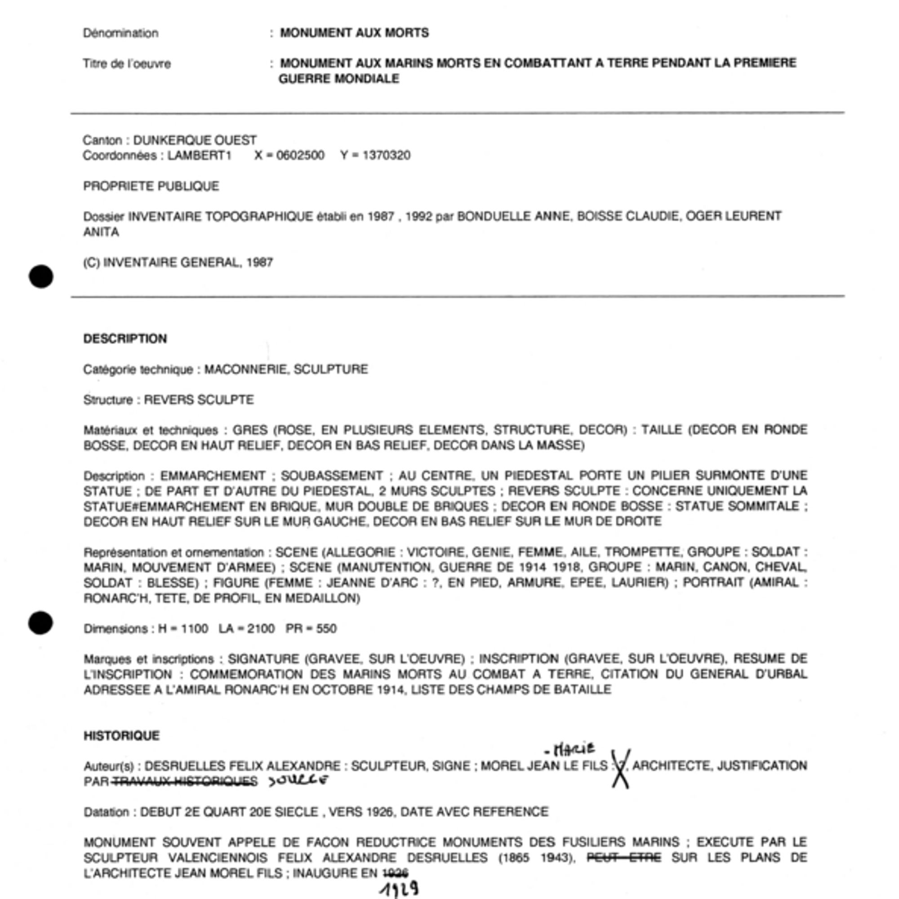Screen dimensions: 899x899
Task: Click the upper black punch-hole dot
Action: click(41, 276)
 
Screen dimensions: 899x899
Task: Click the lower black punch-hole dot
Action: click(40, 623)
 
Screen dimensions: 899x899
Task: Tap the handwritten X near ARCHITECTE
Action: click(620, 768)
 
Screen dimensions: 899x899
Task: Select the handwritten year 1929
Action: click(399, 889)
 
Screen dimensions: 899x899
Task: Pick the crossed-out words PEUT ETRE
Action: click(623, 857)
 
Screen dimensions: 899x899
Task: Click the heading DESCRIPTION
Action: click(125, 339)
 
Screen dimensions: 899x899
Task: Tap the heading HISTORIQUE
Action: click(121, 736)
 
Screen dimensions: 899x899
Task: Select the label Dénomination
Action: click(120, 33)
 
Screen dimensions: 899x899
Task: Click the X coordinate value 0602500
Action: click(300, 156)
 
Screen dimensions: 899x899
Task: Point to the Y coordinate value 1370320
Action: click(386, 156)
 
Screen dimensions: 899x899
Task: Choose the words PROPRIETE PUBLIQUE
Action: click(151, 186)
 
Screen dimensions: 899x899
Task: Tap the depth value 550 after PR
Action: click(326, 629)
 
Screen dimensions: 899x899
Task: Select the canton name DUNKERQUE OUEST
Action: click(195, 140)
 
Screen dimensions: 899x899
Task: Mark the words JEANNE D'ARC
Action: click(372, 583)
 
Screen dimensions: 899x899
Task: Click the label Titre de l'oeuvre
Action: click(127, 64)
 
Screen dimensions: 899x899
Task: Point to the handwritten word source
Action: click(298, 780)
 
